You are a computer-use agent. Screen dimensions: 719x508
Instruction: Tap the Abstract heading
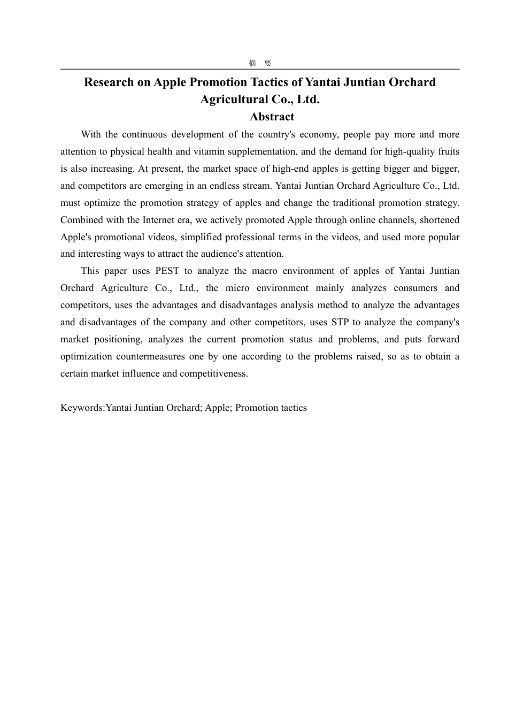click(x=272, y=117)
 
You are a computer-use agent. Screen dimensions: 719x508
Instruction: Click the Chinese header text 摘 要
click(x=260, y=63)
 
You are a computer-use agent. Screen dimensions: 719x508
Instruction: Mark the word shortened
click(x=440, y=220)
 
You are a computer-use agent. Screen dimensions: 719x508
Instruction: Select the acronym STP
click(x=340, y=322)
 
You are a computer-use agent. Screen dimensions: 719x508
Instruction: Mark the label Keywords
click(x=82, y=408)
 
